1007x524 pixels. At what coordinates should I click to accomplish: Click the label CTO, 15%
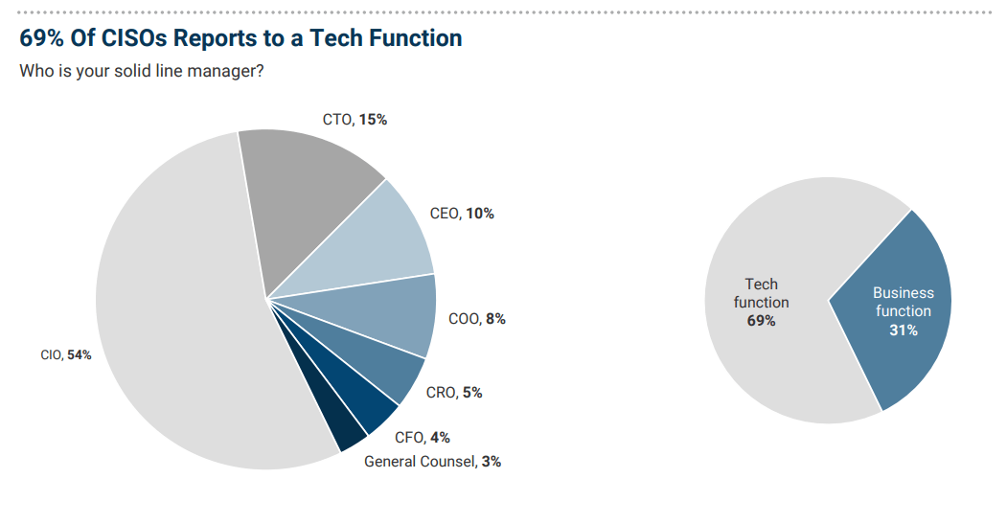click(355, 120)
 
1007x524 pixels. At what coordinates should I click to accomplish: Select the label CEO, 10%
click(462, 214)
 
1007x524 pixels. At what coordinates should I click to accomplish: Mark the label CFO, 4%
click(422, 438)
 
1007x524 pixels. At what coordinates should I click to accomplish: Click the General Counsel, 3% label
click(432, 461)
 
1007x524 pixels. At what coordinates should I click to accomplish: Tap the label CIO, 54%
click(66, 355)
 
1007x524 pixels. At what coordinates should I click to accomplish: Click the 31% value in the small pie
click(903, 330)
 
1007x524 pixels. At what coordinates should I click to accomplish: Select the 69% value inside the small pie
click(761, 321)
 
